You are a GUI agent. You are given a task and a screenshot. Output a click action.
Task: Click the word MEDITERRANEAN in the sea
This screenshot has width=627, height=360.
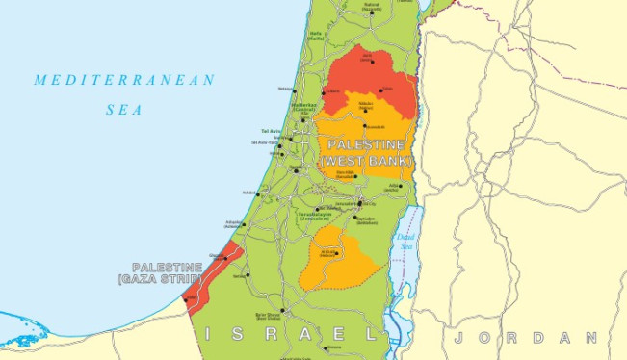[x=124, y=80]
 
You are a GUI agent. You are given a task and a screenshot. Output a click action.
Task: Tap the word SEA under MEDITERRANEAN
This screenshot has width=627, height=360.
[x=124, y=110]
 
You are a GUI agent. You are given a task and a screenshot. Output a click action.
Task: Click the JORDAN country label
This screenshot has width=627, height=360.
[x=526, y=338]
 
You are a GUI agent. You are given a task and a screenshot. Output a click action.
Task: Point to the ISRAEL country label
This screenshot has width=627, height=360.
[x=289, y=334]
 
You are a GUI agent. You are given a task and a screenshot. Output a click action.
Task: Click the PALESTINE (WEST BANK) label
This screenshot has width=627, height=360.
[x=367, y=151]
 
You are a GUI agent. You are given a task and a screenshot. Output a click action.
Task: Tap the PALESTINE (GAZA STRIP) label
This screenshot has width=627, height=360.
[x=168, y=272]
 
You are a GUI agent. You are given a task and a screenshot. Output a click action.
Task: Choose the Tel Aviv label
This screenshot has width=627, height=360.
[x=271, y=131]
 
